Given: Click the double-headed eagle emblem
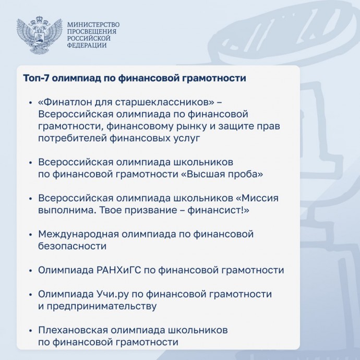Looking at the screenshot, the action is (x=40, y=35).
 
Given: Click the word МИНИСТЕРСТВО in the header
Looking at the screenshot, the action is (x=93, y=25).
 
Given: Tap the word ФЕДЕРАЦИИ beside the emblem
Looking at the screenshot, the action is (x=87, y=45).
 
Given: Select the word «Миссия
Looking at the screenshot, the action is (x=257, y=198).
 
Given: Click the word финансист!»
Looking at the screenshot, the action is (x=218, y=210).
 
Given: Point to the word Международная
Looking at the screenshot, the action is (x=78, y=234).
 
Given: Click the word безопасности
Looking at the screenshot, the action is (x=73, y=246).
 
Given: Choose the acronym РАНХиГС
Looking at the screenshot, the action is (x=119, y=270).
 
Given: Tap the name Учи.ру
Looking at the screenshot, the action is (x=112, y=294).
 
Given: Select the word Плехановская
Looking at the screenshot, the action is (x=73, y=330).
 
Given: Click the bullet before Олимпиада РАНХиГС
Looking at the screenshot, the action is (x=30, y=271).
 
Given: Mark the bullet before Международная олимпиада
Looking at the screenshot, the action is (x=30, y=235).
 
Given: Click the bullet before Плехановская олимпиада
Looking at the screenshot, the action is (x=30, y=331).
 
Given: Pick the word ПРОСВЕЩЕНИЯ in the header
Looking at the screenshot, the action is (x=92, y=31).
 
